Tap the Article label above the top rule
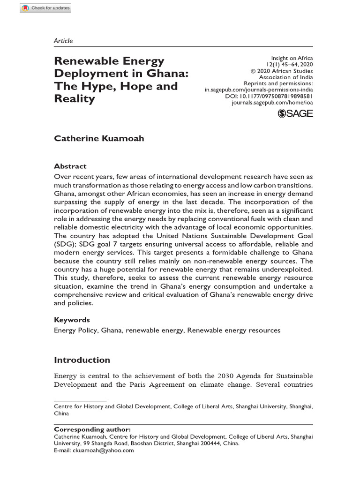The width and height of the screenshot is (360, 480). (63, 41)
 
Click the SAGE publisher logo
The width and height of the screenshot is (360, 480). (295, 113)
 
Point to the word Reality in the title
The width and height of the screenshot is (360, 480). (75, 99)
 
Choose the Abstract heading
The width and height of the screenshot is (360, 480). (70, 166)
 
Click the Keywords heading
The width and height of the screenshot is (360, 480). (72, 320)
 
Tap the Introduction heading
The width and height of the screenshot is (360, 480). (82, 360)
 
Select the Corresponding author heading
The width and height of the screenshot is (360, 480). (92, 429)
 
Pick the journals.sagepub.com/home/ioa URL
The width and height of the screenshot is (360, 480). (272, 102)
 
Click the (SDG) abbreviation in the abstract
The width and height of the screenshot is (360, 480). (64, 244)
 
